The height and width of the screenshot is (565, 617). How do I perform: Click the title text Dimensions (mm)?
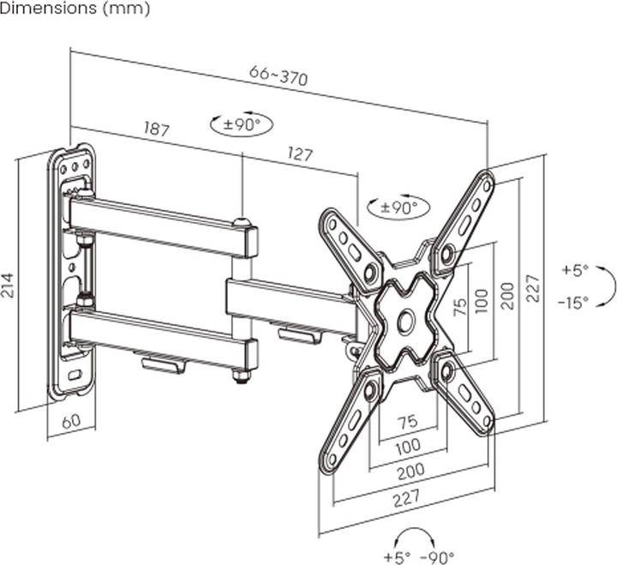pyautogui.click(x=75, y=9)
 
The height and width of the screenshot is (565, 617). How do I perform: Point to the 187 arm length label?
pyautogui.click(x=156, y=129)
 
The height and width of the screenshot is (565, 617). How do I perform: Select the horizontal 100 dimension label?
pyautogui.click(x=408, y=446)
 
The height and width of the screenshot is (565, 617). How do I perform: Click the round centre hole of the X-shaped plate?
pyautogui.click(x=404, y=322)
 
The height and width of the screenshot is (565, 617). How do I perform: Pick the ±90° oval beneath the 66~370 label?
pyautogui.click(x=241, y=123)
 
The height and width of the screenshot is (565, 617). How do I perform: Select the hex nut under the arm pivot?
pyautogui.click(x=240, y=375)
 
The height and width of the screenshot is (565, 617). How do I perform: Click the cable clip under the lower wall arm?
pyautogui.click(x=164, y=364)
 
